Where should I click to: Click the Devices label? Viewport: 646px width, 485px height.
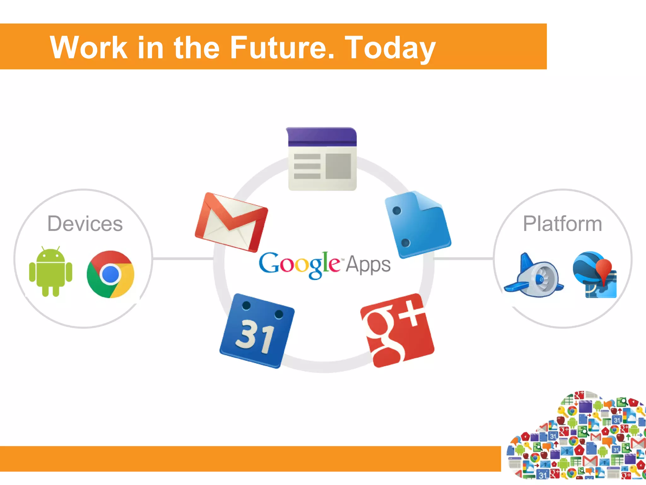point(85,224)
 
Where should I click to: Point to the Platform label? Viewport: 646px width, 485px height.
point(562,224)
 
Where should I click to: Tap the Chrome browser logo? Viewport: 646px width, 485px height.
point(110,274)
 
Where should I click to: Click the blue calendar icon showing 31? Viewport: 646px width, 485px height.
point(257,331)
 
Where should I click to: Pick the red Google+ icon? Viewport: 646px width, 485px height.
point(397,330)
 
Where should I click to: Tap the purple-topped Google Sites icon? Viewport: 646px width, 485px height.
point(322,159)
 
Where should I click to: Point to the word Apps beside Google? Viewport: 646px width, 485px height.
point(368,265)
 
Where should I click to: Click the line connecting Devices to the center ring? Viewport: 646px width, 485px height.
point(183,259)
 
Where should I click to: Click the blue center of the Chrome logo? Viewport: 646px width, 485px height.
point(110,274)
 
